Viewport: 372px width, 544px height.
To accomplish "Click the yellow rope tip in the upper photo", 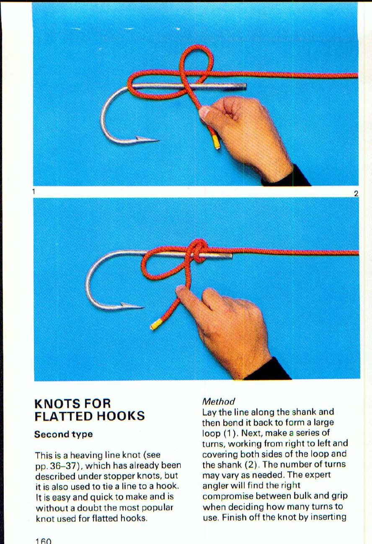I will [x=216, y=143].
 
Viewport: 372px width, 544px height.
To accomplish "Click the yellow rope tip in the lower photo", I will [x=155, y=324].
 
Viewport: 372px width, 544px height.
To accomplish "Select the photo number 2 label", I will [x=356, y=193].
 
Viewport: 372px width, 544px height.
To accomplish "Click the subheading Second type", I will [x=63, y=434].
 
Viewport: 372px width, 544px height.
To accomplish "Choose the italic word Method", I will [x=218, y=402].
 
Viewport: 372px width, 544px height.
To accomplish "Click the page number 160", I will [x=43, y=541].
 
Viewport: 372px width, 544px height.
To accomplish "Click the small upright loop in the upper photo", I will [x=196, y=61].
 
